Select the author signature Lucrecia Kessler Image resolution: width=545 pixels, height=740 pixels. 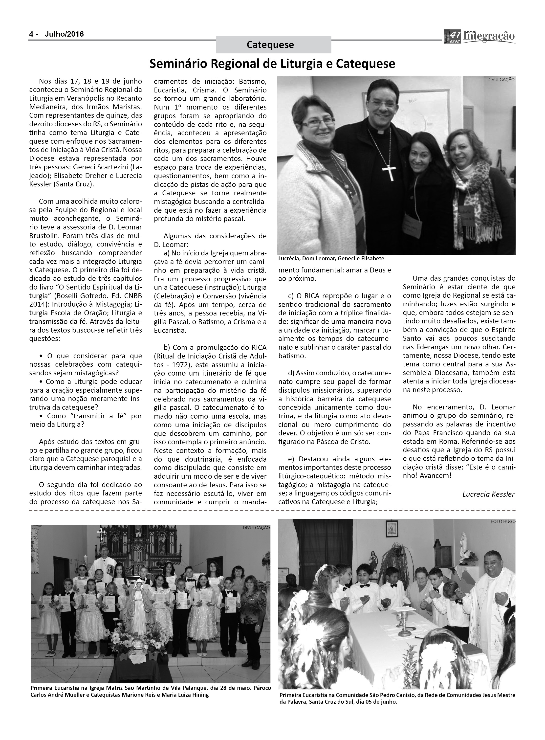click(488, 494)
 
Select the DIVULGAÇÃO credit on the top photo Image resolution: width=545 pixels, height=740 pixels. click(501, 80)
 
